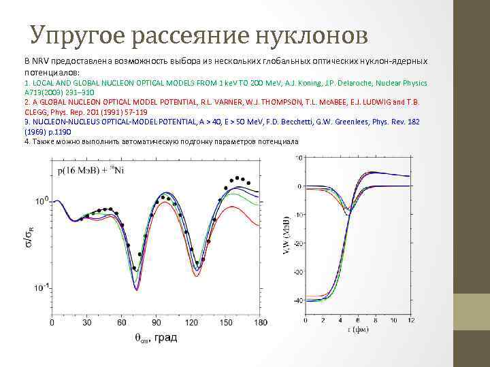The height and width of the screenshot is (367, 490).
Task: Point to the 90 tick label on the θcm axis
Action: point(156,324)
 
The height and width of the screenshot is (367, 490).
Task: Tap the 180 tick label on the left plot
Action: point(261,324)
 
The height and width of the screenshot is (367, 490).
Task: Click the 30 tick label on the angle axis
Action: point(86,324)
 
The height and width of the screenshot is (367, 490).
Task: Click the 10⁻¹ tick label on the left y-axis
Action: point(41,287)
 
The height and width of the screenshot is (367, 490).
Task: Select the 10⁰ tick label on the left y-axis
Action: point(42,201)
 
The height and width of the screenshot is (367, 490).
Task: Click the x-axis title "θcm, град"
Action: point(155,338)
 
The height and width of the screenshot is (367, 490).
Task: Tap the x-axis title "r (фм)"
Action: point(354,331)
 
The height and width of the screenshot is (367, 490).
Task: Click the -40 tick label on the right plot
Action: point(297,300)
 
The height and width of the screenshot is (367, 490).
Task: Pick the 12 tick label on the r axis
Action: point(410,320)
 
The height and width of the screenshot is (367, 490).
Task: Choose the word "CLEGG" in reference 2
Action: point(38,113)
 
